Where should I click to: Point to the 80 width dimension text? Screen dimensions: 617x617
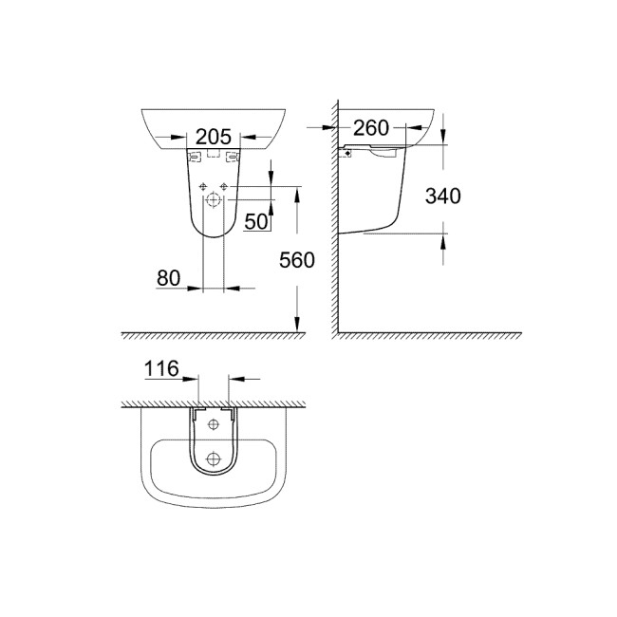pyautogui.click(x=170, y=278)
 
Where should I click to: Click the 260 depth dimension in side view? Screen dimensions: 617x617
pyautogui.click(x=371, y=127)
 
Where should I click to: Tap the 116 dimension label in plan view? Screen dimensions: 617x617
pyautogui.click(x=161, y=369)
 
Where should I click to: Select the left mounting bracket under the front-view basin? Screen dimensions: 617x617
pyautogui.click(x=194, y=156)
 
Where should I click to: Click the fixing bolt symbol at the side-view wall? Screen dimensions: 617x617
pyautogui.click(x=348, y=153)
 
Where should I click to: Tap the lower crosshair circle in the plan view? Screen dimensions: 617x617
pyautogui.click(x=214, y=458)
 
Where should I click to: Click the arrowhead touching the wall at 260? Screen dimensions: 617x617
pyautogui.click(x=335, y=126)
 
